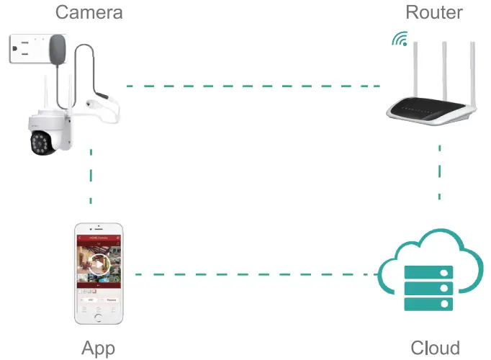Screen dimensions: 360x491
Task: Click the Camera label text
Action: coord(89,12)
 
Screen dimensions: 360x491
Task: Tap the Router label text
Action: coord(433,12)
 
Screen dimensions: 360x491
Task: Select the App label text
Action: coord(99,348)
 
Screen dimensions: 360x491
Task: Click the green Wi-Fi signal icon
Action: coord(400,39)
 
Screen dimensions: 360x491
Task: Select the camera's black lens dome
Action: coord(42,143)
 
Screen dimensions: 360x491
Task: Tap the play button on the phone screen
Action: coord(99,264)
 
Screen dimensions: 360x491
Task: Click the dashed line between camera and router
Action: coord(252,86)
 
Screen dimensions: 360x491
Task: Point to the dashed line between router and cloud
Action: coord(440,173)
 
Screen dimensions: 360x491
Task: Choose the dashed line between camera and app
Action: coord(91,176)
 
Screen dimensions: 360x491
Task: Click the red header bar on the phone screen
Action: coord(99,237)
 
